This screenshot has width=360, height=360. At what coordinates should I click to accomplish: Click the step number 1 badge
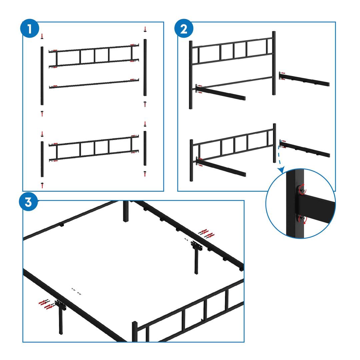coord(29,29)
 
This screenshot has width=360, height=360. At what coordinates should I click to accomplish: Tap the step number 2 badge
coord(184,29)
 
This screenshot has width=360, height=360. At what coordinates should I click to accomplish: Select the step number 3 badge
coord(28,202)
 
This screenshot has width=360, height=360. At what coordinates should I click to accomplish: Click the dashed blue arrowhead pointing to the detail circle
coord(281,170)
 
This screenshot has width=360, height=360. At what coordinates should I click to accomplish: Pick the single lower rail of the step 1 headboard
coord(94,84)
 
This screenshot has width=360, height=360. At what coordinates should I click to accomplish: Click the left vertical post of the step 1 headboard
coord(42,76)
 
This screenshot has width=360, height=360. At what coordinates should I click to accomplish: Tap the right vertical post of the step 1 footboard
coord(145,148)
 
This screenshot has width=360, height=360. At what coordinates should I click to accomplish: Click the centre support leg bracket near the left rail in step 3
coord(61,305)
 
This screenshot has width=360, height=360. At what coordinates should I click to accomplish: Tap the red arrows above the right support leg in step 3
coord(207,233)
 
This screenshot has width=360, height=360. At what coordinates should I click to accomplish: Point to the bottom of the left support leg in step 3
coord(61,333)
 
